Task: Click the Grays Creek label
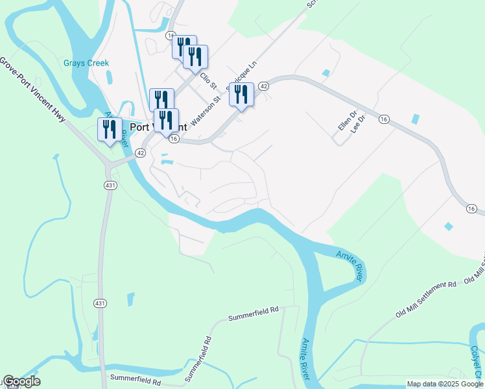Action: [86, 64]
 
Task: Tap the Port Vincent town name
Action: [159, 128]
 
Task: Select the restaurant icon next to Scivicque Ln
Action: [241, 95]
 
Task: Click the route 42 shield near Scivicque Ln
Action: [263, 86]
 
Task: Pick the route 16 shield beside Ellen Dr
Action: [384, 119]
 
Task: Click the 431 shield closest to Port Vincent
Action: [110, 186]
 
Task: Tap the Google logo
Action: [21, 382]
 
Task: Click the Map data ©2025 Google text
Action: [445, 384]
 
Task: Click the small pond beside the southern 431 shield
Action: [131, 299]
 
